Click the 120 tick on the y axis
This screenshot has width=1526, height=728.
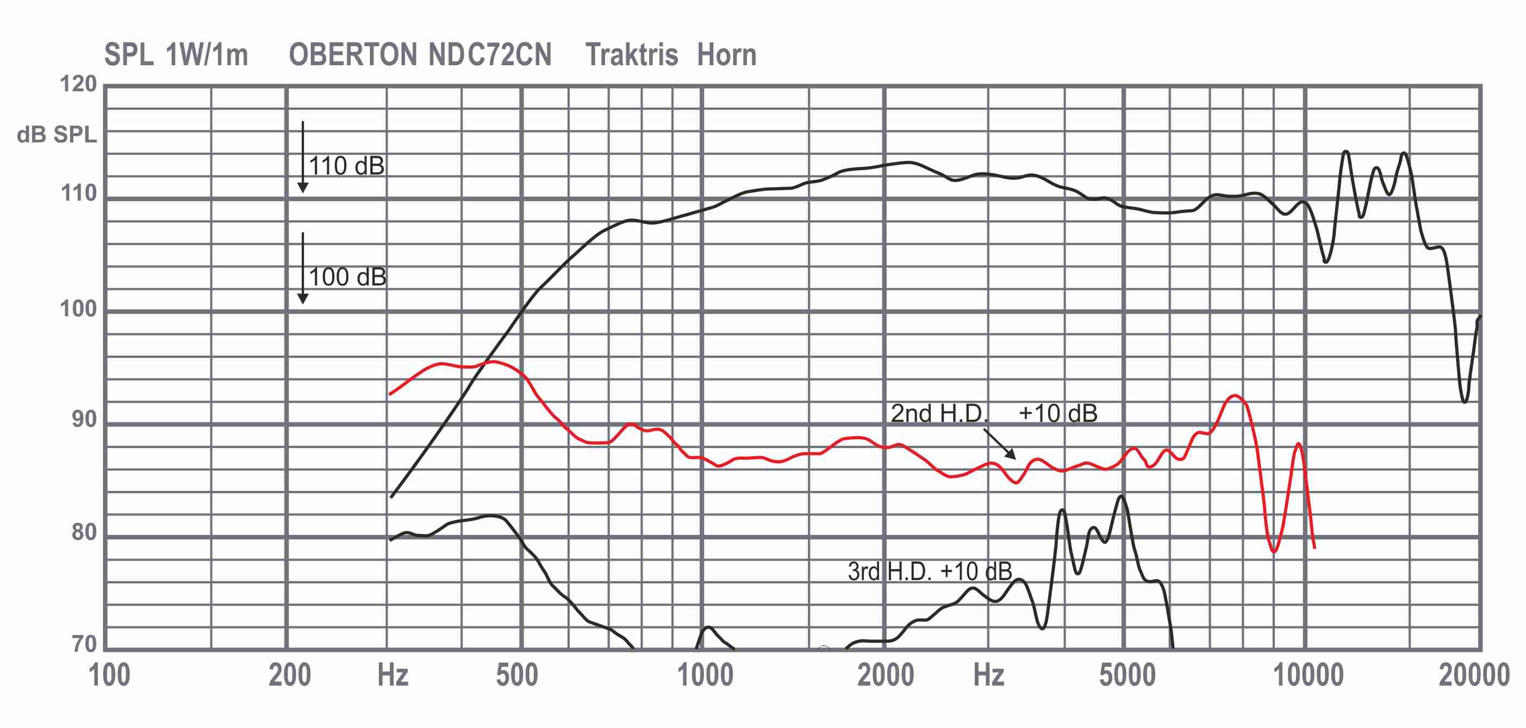pyautogui.click(x=78, y=84)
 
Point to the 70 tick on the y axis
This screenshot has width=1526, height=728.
pyautogui.click(x=84, y=644)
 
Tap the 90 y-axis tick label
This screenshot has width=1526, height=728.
pyautogui.click(x=84, y=419)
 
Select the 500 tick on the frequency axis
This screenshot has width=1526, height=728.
pyautogui.click(x=517, y=675)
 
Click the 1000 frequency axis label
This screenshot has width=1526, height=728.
pyautogui.click(x=705, y=675)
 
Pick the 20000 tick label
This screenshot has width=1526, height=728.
pyautogui.click(x=1474, y=675)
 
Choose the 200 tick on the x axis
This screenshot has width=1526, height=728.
pyautogui.click(x=290, y=675)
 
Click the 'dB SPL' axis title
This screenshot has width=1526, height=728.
pyautogui.click(x=57, y=135)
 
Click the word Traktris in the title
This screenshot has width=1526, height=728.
pyautogui.click(x=632, y=55)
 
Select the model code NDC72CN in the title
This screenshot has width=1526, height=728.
pyautogui.click(x=490, y=55)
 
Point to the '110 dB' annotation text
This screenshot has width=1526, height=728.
pyautogui.click(x=346, y=166)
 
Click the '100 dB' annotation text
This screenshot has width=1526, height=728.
pyautogui.click(x=348, y=277)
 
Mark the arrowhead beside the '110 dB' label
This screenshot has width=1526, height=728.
pyautogui.click(x=303, y=188)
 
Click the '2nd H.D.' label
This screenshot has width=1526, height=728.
pyautogui.click(x=939, y=413)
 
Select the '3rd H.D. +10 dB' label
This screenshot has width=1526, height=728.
pyautogui.click(x=930, y=571)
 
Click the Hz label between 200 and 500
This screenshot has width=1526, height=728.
pyautogui.click(x=393, y=675)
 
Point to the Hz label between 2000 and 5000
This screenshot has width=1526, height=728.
pyautogui.click(x=989, y=675)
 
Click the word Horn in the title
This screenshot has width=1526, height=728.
pyautogui.click(x=727, y=55)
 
